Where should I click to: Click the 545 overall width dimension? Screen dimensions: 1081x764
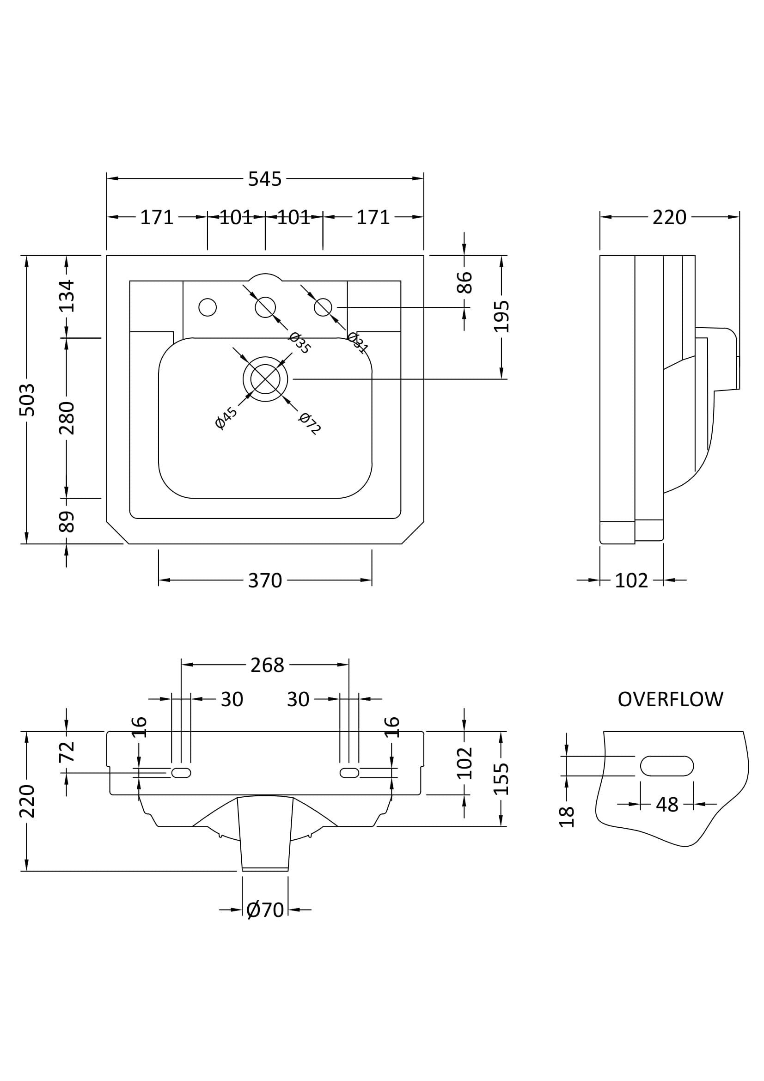pyautogui.click(x=264, y=179)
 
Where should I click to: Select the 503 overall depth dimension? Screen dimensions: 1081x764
pyautogui.click(x=27, y=400)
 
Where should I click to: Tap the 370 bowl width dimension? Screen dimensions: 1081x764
pyautogui.click(x=264, y=580)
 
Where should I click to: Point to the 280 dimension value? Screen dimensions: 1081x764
pyautogui.click(x=67, y=418)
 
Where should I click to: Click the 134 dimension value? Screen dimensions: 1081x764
pyautogui.click(x=67, y=296)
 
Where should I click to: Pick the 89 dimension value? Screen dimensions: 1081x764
pyautogui.click(x=67, y=522)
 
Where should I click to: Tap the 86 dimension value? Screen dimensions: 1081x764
pyautogui.click(x=464, y=282)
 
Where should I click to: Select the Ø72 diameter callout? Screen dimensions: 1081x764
pyautogui.click(x=310, y=423)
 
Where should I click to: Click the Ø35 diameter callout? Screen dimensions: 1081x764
pyautogui.click(x=300, y=343)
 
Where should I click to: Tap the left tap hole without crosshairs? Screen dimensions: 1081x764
pyautogui.click(x=208, y=307)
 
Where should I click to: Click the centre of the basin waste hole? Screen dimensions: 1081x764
pyautogui.click(x=265, y=379)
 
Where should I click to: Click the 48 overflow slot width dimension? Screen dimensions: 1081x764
pyautogui.click(x=667, y=805)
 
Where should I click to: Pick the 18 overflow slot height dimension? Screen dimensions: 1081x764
pyautogui.click(x=566, y=817)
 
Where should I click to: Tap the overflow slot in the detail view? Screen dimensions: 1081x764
pyautogui.click(x=666, y=765)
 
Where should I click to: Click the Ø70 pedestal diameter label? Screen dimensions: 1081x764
pyautogui.click(x=265, y=910)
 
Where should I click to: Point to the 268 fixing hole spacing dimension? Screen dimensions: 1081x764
pyautogui.click(x=267, y=665)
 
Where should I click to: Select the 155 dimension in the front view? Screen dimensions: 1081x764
pyautogui.click(x=501, y=779)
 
